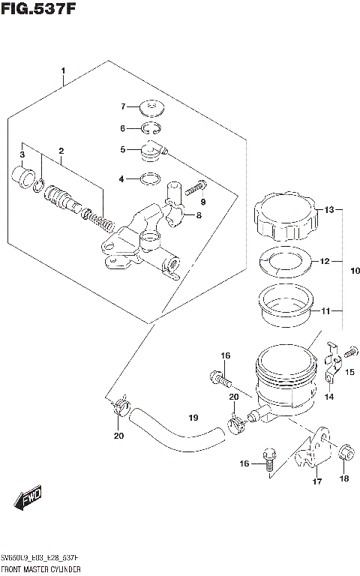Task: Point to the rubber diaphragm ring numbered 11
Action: pyautogui.click(x=289, y=308)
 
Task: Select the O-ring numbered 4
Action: pyautogui.click(x=150, y=178)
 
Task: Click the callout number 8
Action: pyautogui.click(x=199, y=216)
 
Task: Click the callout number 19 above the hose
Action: pyautogui.click(x=192, y=418)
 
